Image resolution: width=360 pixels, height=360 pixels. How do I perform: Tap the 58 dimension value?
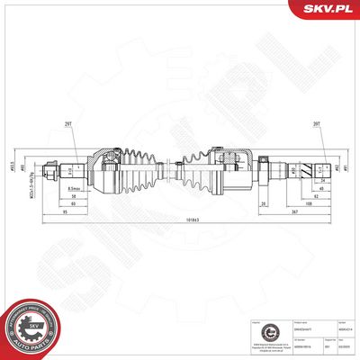coord(73,195)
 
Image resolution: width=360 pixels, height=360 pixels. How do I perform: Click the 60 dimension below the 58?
coord(73,204)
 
